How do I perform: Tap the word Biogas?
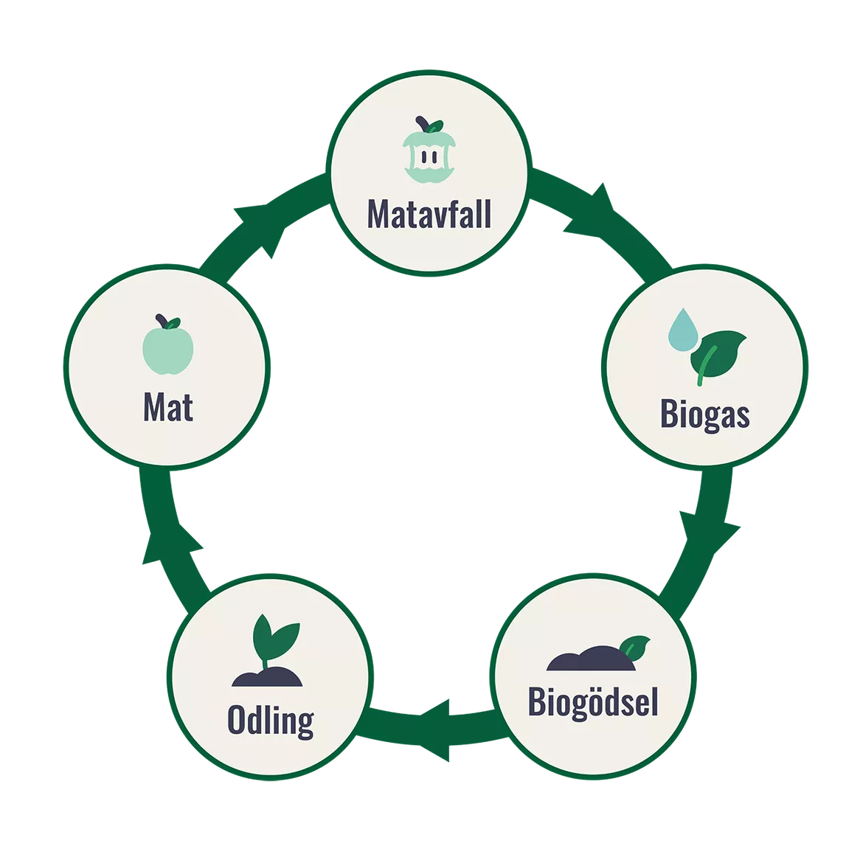coord(704,415)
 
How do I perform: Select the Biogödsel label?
coord(592,701)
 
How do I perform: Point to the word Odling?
coord(270,721)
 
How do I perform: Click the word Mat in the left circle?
coord(168,407)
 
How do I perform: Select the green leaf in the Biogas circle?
coord(717,354)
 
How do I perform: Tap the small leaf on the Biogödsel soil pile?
coord(634,647)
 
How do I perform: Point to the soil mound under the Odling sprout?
coord(266,678)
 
